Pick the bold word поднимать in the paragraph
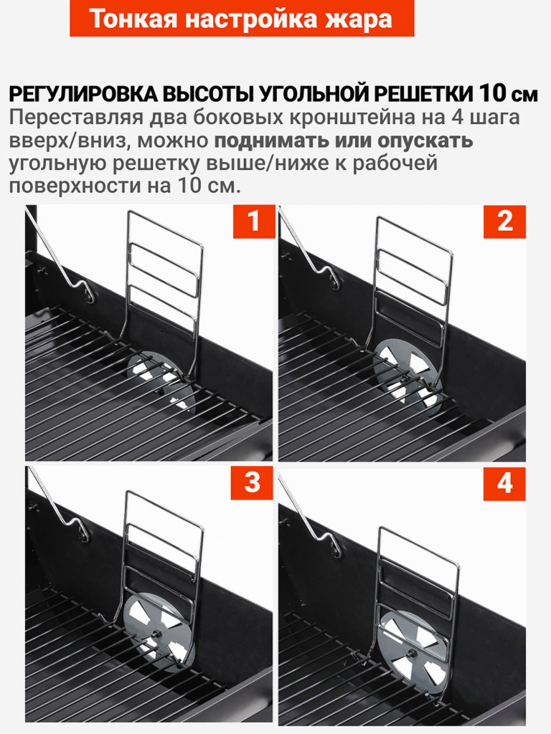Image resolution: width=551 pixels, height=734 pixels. tap(270, 140)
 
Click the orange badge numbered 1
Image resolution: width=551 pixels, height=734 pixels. tap(253, 221)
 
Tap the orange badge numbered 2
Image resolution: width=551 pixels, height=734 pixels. tap(504, 221)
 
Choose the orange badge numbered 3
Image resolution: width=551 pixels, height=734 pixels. tap(253, 483)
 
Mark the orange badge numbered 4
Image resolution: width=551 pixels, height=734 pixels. tap(504, 484)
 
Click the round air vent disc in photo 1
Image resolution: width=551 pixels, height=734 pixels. tap(161, 376)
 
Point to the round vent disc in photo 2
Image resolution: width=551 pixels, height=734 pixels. tap(407, 373)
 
